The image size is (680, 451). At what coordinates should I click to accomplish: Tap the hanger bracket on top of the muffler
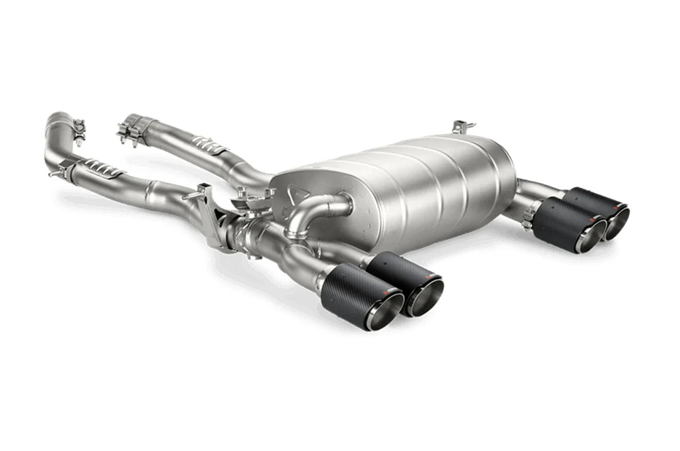[463, 126]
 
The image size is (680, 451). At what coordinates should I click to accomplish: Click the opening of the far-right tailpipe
[618, 224]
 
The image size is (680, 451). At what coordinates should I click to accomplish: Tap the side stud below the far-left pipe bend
[53, 173]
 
